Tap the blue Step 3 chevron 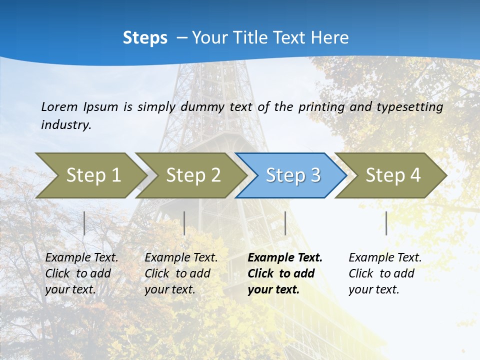click(293, 175)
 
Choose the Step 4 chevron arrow click(393, 175)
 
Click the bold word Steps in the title click(145, 38)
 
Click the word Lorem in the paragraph click(59, 107)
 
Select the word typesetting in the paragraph click(412, 107)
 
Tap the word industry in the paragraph click(66, 125)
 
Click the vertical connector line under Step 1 click(84, 223)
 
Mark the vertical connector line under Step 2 click(184, 223)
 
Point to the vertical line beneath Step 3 click(285, 223)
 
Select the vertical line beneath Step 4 click(386, 223)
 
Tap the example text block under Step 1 click(81, 273)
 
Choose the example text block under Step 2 click(181, 273)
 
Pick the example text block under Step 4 click(385, 273)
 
